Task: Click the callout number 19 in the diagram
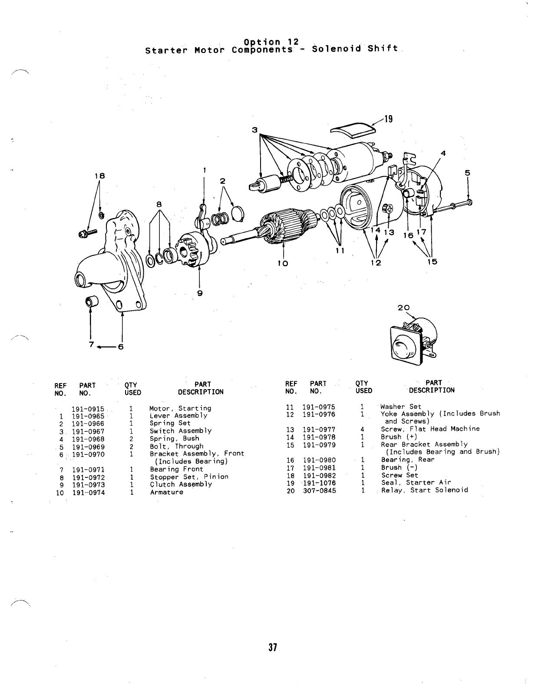click(388, 119)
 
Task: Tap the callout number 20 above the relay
click(403, 308)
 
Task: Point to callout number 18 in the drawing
click(100, 176)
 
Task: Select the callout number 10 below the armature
click(283, 263)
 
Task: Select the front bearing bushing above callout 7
click(91, 301)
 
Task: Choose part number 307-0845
click(319, 490)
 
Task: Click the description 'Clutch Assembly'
click(181, 484)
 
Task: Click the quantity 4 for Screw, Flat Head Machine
click(362, 429)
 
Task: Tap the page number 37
click(272, 648)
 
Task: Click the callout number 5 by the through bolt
click(467, 172)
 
